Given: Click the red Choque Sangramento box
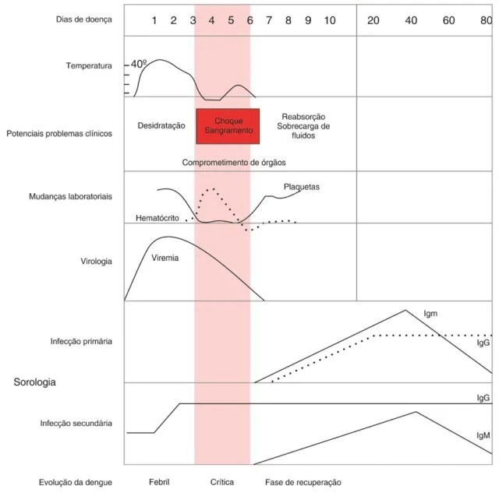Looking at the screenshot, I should point(228,126).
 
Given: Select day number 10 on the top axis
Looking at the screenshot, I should point(330,19).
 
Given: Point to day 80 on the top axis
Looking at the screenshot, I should point(486,19).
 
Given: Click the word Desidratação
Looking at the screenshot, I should point(161,125).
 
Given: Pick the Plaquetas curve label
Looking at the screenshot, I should point(302,187).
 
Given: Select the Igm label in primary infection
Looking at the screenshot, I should point(430,313).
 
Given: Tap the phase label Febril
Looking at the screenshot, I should point(159,482).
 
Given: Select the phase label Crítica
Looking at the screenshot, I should point(222,482).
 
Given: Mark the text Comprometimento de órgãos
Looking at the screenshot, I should point(234,162).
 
